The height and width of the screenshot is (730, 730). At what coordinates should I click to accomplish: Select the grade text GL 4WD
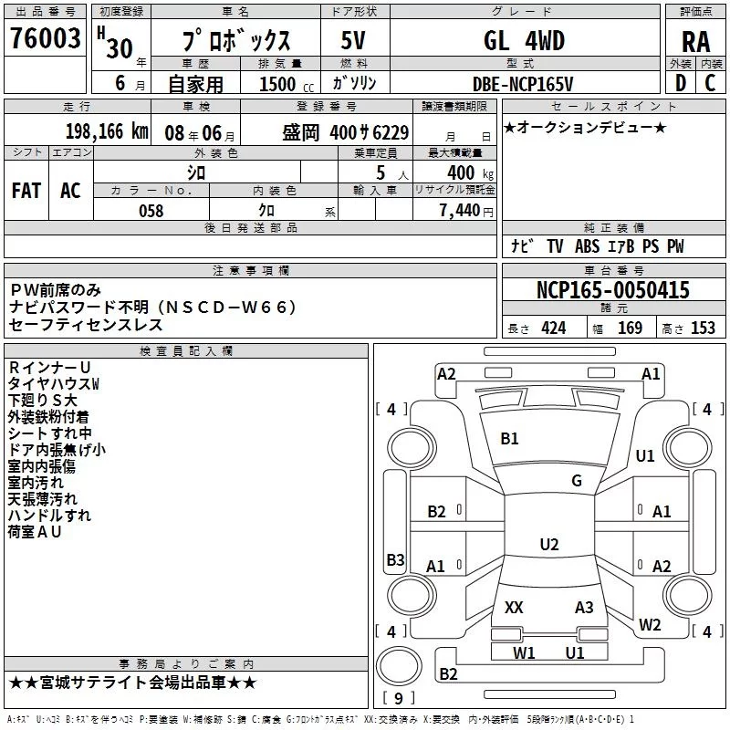[523, 41]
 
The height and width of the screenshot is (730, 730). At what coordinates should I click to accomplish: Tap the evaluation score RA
[695, 42]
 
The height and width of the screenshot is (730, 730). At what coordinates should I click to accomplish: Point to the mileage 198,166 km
[106, 131]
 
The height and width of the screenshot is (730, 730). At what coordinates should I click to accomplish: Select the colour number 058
[151, 211]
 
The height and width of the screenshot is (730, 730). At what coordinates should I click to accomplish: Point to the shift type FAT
[26, 190]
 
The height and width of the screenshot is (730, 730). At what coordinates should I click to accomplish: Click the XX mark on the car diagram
[514, 608]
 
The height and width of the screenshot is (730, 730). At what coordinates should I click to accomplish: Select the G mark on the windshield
[576, 481]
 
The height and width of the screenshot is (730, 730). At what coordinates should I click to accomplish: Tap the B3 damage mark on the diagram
[395, 559]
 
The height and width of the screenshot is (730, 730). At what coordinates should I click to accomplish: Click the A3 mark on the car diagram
[584, 608]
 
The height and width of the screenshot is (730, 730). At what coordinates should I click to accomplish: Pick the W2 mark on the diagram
[650, 625]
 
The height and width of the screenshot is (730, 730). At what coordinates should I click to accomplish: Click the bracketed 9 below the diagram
[398, 699]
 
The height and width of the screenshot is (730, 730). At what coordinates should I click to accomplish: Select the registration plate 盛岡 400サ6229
[346, 131]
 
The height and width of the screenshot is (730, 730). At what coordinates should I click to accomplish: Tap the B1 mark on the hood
[509, 439]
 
